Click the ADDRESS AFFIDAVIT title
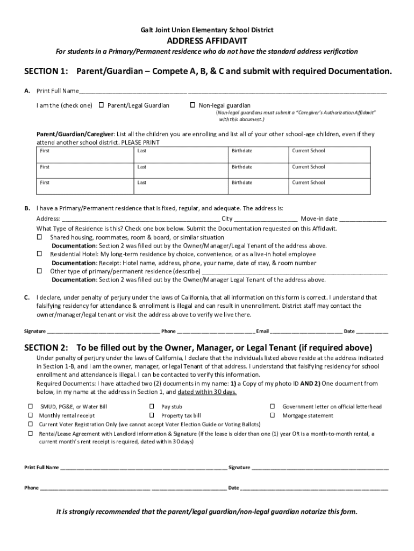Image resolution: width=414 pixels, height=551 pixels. [207, 40]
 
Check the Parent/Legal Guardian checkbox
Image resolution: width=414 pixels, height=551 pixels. [101, 105]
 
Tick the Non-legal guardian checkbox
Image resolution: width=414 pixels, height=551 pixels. [192, 105]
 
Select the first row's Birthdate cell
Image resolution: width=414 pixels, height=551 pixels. [259, 154]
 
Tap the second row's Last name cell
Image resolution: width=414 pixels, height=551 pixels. [180, 170]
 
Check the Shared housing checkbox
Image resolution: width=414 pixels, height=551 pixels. [39, 237]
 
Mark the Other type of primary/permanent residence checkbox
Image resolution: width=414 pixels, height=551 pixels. [39, 271]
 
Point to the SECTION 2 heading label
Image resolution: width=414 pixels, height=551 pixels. [46, 347]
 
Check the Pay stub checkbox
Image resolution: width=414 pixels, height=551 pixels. [152, 407]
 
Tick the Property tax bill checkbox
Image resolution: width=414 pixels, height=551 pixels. [152, 415]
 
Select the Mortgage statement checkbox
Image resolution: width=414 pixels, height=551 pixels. [273, 415]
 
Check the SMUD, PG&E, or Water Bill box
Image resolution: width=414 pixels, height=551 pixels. [30, 407]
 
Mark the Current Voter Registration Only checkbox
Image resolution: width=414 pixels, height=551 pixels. [30, 424]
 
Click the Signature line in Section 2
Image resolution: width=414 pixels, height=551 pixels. [320, 468]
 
